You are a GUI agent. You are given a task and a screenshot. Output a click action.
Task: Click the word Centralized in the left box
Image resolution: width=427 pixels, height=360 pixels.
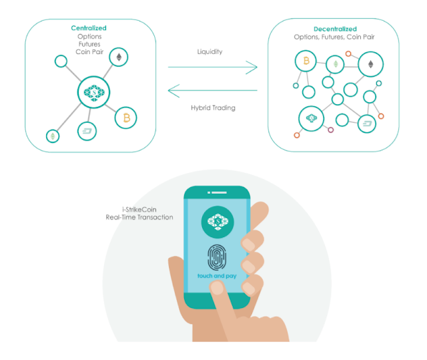(x=89, y=28)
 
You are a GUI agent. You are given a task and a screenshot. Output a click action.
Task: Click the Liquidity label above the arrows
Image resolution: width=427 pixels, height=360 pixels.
(x=210, y=51)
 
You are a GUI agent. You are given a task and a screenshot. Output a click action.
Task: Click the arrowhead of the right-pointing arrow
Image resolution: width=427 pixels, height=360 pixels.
(x=252, y=67)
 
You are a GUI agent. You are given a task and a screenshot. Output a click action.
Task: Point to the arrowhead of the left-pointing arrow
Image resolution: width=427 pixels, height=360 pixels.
(x=173, y=89)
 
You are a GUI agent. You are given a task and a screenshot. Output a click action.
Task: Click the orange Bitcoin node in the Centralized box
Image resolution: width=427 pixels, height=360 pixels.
(x=125, y=118)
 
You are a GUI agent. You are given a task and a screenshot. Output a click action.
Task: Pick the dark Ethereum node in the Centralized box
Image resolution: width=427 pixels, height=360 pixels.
(x=119, y=56)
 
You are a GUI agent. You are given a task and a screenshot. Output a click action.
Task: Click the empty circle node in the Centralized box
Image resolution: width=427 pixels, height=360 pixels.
(x=61, y=61)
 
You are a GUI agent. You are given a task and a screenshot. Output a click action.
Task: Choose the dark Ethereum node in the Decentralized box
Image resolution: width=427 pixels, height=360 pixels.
(x=370, y=64)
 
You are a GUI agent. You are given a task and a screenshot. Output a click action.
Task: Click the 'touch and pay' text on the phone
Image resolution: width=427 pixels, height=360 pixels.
(x=218, y=276)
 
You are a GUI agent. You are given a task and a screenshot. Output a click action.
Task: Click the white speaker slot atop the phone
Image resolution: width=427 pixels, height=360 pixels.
(x=218, y=195)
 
